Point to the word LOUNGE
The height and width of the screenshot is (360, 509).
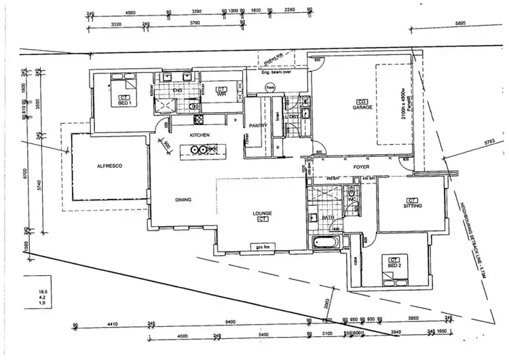click(x=262, y=213)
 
